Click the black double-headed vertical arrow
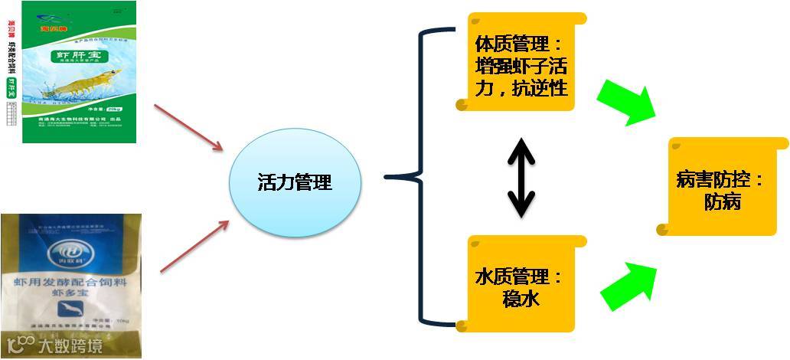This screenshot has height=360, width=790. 521,177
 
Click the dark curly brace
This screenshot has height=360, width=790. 417,177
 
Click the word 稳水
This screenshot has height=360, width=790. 520,298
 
